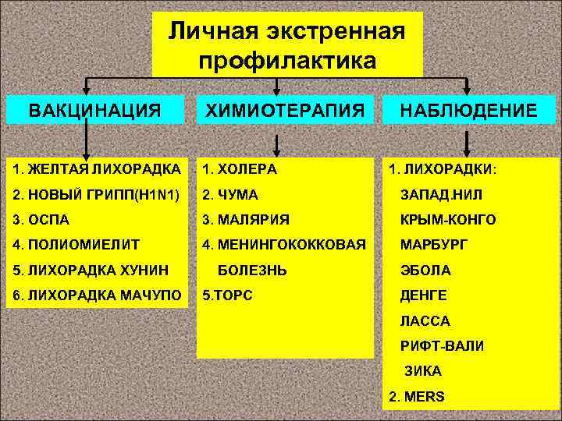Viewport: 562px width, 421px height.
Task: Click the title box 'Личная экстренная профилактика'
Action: (x=286, y=44)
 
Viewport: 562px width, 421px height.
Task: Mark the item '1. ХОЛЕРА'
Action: (x=239, y=168)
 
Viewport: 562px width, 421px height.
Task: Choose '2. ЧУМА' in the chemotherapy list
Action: (x=229, y=194)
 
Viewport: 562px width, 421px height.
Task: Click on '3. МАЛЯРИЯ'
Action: (x=245, y=220)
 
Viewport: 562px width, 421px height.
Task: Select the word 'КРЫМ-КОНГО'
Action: (x=447, y=220)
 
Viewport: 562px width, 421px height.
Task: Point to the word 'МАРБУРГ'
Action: (x=434, y=245)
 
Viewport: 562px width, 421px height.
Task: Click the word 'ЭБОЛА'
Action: (x=425, y=271)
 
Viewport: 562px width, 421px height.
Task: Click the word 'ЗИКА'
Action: (x=422, y=371)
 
